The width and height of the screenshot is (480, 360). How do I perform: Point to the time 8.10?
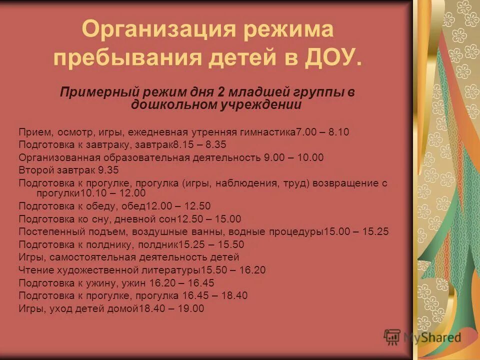[x=338, y=132]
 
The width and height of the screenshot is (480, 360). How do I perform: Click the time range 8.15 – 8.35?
[x=199, y=145]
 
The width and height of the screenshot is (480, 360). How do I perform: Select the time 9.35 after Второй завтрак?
[x=108, y=170]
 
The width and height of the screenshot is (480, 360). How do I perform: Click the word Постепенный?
[x=48, y=232]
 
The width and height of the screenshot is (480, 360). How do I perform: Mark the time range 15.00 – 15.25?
[x=356, y=232]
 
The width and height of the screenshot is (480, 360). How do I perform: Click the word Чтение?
[x=33, y=270]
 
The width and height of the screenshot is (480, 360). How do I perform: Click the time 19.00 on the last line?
[x=192, y=308]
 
